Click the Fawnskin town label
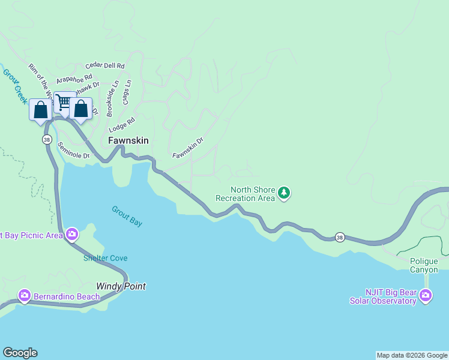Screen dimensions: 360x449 128,140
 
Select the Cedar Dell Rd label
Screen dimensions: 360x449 105,65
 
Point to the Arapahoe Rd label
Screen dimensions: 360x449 74,78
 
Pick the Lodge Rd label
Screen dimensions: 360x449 122,125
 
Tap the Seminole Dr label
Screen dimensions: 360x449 73,151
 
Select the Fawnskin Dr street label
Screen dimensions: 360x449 188,147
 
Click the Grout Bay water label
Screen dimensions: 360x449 127,216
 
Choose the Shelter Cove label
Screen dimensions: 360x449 105,258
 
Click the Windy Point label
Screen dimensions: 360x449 121,286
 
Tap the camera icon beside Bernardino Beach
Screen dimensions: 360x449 25,295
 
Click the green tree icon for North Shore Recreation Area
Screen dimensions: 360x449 284,193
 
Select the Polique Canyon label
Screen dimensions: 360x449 424,265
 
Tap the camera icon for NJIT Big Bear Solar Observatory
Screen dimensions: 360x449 426,295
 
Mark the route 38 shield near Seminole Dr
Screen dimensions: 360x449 47,139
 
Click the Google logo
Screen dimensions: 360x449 20,353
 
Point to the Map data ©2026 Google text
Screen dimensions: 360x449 412,355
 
